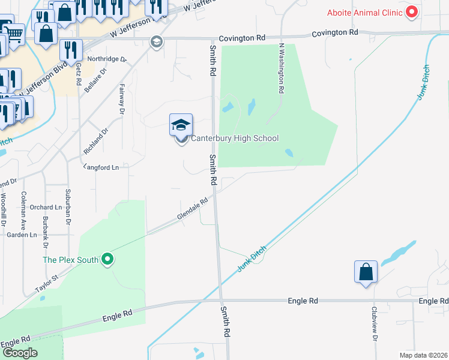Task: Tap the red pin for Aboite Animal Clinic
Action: pos(412,11)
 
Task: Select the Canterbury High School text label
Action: pos(235,139)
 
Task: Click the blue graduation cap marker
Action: pos(181,125)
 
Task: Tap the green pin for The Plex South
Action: pos(108,260)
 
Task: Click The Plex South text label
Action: pos(71,260)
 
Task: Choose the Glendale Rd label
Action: pos(192,209)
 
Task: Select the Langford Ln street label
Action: pos(101,167)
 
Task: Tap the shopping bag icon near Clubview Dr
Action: pos(366,272)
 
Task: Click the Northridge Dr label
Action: pos(107,59)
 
